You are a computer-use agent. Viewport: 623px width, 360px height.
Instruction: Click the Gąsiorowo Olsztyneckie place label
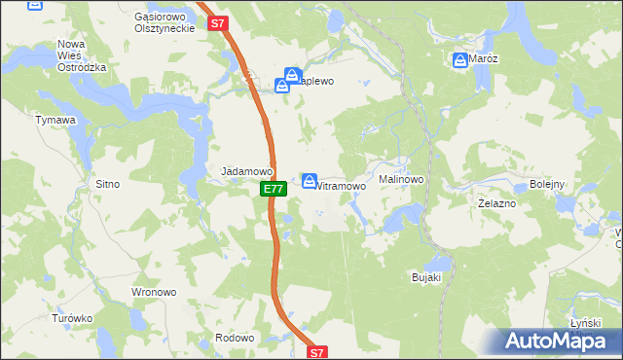click(x=165, y=22)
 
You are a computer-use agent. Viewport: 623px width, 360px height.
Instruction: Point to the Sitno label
click(x=106, y=183)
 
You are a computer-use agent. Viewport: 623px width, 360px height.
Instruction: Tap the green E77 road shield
click(x=274, y=189)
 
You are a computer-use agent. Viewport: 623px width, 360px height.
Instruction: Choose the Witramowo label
click(x=341, y=185)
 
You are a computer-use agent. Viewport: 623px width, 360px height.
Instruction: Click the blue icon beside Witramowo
click(x=310, y=181)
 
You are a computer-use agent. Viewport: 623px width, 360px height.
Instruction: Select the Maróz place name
click(x=484, y=59)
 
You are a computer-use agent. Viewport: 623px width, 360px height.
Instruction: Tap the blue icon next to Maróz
click(x=459, y=61)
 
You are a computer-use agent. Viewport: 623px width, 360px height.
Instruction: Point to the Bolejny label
click(x=547, y=184)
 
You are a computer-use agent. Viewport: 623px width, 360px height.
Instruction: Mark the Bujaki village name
click(x=426, y=277)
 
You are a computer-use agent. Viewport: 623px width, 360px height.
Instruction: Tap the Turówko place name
click(x=72, y=318)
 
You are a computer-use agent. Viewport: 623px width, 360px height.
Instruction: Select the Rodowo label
click(x=235, y=338)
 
